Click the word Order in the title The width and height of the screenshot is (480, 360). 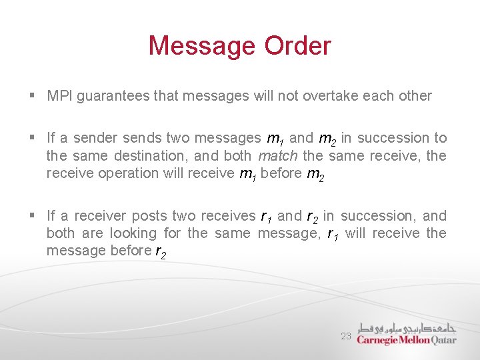297,46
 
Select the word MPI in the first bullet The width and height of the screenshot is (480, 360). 60,96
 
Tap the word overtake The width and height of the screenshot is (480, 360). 331,96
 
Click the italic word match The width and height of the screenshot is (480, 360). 278,156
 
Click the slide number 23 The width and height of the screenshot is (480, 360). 346,337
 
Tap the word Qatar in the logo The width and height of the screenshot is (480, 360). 443,340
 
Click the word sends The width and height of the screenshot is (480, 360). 142,138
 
